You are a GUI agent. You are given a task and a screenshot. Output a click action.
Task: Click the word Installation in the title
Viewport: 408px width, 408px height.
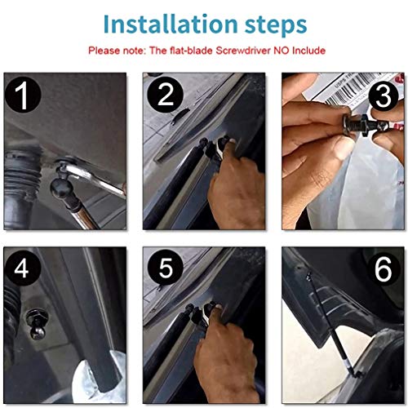click(171, 24)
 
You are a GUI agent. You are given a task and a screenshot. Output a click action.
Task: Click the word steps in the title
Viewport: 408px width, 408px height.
click(276, 26)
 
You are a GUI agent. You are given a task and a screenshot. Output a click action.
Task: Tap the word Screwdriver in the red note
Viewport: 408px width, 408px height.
click(243, 51)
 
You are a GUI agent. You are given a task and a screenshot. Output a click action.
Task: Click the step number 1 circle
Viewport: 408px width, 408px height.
click(23, 95)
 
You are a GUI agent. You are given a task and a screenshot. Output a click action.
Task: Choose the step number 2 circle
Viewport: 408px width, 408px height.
click(165, 95)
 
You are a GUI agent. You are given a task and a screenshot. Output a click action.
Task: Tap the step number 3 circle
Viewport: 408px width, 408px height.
click(384, 95)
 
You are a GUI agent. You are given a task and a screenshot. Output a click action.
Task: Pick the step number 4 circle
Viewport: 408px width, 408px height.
click(22, 268)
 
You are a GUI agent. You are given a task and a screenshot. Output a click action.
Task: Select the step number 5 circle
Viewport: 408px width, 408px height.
click(165, 268)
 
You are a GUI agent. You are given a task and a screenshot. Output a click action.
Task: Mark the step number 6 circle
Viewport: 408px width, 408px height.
click(383, 268)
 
